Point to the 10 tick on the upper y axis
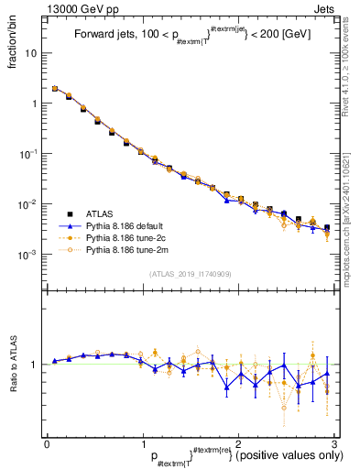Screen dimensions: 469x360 tap(29, 53)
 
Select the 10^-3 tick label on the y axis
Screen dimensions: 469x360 tap(27, 254)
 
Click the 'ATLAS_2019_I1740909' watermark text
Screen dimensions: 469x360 tap(190, 274)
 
